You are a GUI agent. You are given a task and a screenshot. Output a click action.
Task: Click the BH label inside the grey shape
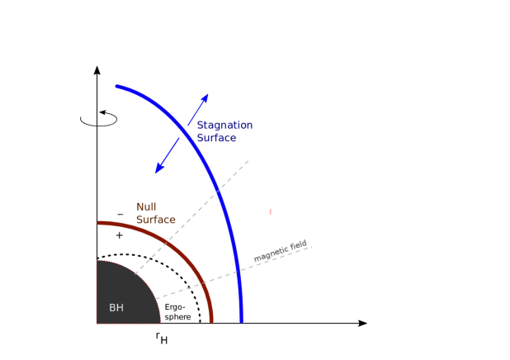point(116,308)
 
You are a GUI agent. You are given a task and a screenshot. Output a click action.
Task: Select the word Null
point(146,206)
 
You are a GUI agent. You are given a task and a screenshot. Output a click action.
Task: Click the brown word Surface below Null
point(156,220)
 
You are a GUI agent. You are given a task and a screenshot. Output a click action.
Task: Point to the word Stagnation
point(224,125)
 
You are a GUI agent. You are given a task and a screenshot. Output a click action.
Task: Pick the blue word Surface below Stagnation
point(216,138)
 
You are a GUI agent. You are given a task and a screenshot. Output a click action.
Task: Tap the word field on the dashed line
point(299,244)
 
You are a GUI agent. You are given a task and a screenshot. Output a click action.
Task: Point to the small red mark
point(270,211)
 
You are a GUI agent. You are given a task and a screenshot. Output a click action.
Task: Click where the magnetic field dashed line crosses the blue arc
point(238,270)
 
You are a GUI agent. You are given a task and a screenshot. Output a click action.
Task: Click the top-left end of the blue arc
point(117,86)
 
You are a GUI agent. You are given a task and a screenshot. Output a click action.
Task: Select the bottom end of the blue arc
point(242,321)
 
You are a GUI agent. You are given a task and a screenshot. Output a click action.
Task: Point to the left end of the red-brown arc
point(99,223)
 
